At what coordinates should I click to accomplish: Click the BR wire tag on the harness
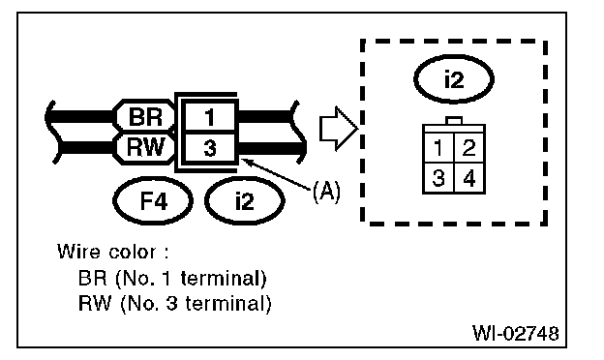[x=144, y=118]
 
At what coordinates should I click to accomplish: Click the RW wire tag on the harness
[x=144, y=149]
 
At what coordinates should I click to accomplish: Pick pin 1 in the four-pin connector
[x=439, y=150]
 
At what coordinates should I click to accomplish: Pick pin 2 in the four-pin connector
[x=468, y=150]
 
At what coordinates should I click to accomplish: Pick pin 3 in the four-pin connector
[x=439, y=179]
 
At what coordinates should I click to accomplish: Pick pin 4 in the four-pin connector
[x=468, y=179]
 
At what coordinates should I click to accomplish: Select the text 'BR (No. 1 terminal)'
[x=172, y=279]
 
